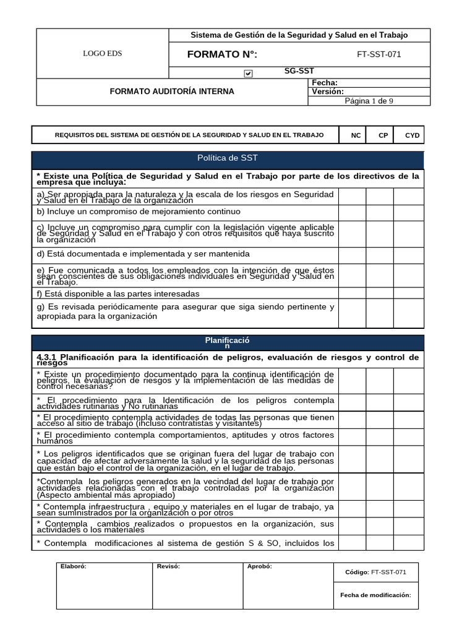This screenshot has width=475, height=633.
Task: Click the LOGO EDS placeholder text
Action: tap(103, 53)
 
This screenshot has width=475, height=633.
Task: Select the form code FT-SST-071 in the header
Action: tap(379, 54)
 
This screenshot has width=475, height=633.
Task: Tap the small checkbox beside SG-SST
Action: tap(248, 73)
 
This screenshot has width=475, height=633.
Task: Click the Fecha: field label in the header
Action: tap(324, 83)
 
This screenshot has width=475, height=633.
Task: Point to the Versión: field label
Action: tap(328, 91)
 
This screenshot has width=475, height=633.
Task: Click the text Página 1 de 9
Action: tap(369, 101)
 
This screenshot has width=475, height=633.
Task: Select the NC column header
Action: tap(356, 135)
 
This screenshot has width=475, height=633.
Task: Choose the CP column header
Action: tap(383, 135)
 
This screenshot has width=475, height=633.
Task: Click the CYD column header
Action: tap(412, 135)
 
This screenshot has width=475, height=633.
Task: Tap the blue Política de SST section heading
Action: tap(227, 158)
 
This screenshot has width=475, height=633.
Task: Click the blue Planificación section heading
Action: tap(227, 343)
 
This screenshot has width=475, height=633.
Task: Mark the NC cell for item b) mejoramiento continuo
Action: tap(352, 211)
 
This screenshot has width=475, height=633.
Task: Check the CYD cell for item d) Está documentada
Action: tap(409, 254)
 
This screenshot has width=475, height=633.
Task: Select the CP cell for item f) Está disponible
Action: tap(380, 294)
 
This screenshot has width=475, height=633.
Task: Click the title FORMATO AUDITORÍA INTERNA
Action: tap(172, 91)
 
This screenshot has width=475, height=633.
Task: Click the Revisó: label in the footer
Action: tap(168, 566)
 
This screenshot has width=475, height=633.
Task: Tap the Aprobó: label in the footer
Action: tap(259, 566)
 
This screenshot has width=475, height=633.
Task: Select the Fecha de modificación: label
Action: tap(375, 595)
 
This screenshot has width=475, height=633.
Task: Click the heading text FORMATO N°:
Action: tap(222, 54)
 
